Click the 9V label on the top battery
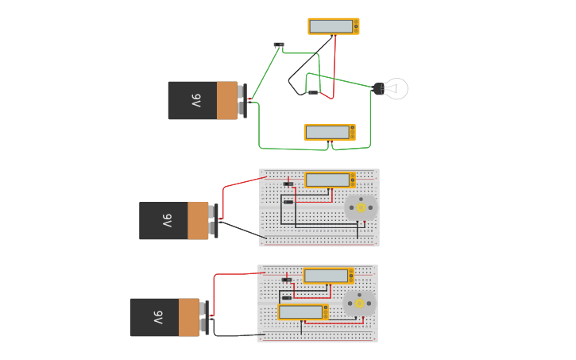[x=195, y=101]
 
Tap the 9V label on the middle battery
[x=167, y=221]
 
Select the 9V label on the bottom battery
[x=157, y=318]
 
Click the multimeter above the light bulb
[x=334, y=26]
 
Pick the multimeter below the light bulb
[x=330, y=132]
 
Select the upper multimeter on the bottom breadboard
[x=328, y=276]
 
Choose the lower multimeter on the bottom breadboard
[x=303, y=312]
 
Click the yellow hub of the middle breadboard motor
[x=361, y=208]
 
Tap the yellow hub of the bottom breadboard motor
[x=359, y=304]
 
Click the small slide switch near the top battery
[x=279, y=45]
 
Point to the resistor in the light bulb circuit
[x=314, y=93]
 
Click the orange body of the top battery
[x=227, y=101]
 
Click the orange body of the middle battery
[x=198, y=221]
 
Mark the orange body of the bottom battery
[x=189, y=318]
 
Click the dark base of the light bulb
[x=378, y=89]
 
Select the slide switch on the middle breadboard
[x=288, y=184]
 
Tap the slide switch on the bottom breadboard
[x=286, y=280]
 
